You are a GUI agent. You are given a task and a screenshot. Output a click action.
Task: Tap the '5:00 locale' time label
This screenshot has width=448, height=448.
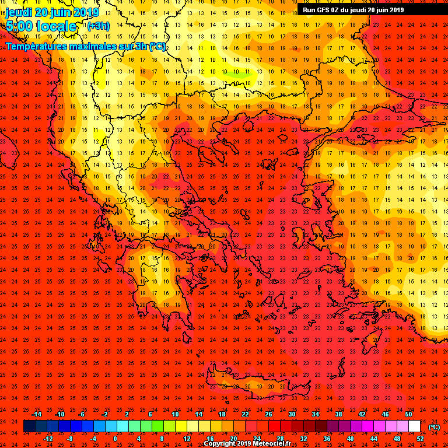pyautogui.click(x=41, y=26)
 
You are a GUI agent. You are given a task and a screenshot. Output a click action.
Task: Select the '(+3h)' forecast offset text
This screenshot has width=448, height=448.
pyautogui.click(x=98, y=26)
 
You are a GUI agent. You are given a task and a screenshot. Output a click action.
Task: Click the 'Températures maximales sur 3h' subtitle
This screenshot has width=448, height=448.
pyautogui.click(x=85, y=45)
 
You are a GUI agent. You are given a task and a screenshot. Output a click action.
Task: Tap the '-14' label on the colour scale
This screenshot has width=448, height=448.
pyautogui.click(x=36, y=414)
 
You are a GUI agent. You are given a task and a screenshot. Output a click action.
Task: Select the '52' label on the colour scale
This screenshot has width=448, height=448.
pyautogui.click(x=420, y=438)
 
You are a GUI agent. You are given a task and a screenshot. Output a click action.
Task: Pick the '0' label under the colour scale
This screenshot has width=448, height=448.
pyautogui.click(x=115, y=438)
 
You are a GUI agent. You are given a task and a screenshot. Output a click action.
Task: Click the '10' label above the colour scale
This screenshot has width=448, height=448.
pyautogui.click(x=175, y=414)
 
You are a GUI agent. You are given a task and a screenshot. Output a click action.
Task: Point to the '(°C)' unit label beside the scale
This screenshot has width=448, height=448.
pyautogui.click(x=434, y=427)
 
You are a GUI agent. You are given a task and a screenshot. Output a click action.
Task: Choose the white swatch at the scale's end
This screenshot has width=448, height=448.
pyautogui.click(x=414, y=426)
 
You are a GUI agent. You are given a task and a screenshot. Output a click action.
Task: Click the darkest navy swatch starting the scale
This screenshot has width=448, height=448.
pyautogui.click(x=29, y=426)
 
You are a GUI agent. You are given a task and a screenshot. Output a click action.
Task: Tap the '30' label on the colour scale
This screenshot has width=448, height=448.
pyautogui.click(x=292, y=414)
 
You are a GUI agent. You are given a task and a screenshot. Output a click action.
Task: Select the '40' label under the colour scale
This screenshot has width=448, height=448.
pyautogui.click(x=350, y=438)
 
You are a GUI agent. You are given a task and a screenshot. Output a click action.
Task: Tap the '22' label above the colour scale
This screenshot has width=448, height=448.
pyautogui.click(x=245, y=414)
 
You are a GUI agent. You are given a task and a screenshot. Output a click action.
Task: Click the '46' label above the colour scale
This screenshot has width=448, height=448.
pyautogui.click(x=385, y=414)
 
